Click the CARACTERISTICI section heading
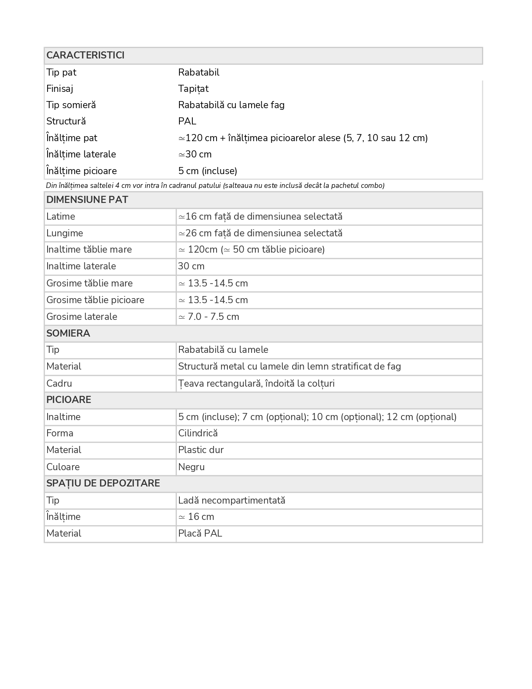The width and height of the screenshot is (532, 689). [x=86, y=56]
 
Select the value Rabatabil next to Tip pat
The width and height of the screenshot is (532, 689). [x=199, y=72]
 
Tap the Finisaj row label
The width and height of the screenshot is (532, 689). [x=60, y=89]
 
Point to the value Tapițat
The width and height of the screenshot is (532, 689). [x=193, y=89]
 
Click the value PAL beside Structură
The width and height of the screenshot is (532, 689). [x=187, y=121]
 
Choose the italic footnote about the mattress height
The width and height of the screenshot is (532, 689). [x=215, y=185]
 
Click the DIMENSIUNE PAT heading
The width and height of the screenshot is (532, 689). [x=87, y=200]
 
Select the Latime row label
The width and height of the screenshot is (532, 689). [x=61, y=216]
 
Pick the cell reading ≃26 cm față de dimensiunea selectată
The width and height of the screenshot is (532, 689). [x=260, y=233]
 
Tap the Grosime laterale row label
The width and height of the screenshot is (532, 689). [x=82, y=317]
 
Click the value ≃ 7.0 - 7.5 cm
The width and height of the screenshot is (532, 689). [x=209, y=317]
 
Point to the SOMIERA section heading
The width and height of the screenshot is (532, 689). [x=68, y=333]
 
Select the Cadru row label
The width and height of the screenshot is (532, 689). [x=59, y=383]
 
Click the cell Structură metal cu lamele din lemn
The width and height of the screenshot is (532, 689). [x=289, y=366]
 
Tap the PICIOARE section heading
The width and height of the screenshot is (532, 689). [x=68, y=400]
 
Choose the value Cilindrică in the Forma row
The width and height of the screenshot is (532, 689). [x=198, y=433]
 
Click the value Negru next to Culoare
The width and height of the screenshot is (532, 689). [x=191, y=467]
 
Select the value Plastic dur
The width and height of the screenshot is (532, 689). [x=201, y=450]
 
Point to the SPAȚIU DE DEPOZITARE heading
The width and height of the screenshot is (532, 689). [x=103, y=483]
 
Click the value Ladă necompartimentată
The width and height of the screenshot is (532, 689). [x=232, y=500]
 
